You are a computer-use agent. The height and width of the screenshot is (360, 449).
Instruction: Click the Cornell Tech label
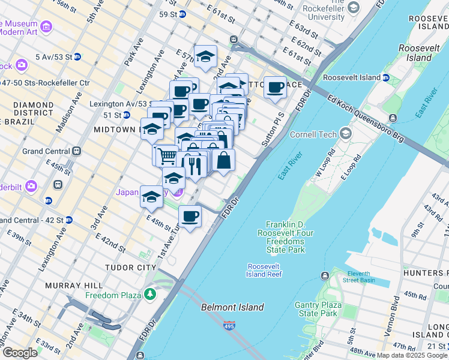point(313,134)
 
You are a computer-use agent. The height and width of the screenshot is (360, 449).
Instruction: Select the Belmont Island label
point(232,307)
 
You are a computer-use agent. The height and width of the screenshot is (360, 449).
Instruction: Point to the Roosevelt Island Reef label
point(264,270)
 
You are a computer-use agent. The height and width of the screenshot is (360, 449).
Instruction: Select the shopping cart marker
point(167,156)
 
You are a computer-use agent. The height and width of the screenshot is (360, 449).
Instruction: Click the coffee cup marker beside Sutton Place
point(276,88)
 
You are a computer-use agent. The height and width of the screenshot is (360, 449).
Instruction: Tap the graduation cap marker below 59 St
point(206,57)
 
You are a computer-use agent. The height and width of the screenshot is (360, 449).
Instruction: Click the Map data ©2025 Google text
point(412,355)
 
